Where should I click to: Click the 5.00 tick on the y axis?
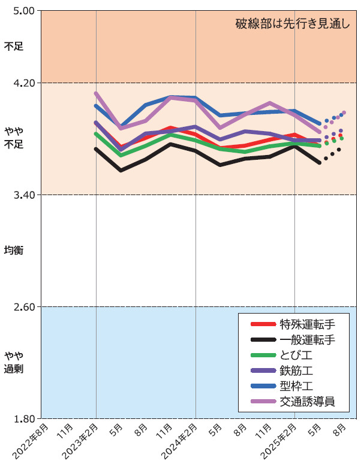22,11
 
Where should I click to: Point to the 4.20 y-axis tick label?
22,83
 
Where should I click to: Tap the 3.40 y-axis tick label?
22,195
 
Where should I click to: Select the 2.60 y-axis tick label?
22,307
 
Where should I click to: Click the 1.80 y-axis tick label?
22,419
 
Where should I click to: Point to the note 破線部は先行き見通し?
292,25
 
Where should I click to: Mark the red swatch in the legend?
261,324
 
